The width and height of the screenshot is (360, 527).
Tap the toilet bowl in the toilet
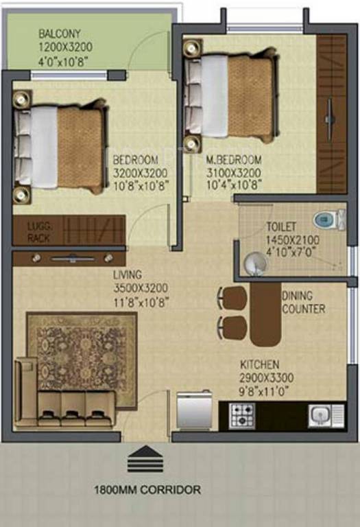pyautogui.click(x=328, y=220)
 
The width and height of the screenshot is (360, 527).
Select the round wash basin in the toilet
pyautogui.click(x=255, y=262)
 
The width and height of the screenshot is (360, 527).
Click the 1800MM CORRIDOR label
pyautogui.click(x=147, y=490)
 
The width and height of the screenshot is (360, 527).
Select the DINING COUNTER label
pyautogui.click(x=303, y=303)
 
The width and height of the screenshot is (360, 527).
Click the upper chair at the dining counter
pyautogui.click(x=234, y=298)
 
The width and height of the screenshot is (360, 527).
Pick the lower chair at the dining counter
pyautogui.click(x=232, y=327)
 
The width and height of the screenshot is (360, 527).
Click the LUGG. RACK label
pyautogui.click(x=40, y=232)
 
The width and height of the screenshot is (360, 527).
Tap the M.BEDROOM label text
pyautogui.click(x=232, y=161)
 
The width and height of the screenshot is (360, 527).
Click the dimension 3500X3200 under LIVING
pyautogui.click(x=141, y=288)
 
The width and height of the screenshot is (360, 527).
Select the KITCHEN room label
pyautogui.click(x=259, y=364)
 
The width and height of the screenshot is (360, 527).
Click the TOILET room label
pyautogui.click(x=281, y=226)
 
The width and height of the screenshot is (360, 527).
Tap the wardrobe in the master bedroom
pyautogui.click(x=331, y=114)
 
